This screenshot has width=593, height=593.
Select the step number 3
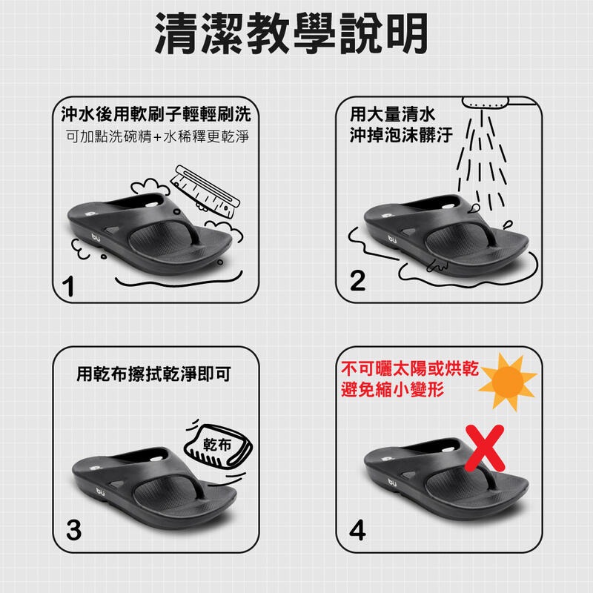73,530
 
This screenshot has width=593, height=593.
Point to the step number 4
357,530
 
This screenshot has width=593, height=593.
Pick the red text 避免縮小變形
393,389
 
